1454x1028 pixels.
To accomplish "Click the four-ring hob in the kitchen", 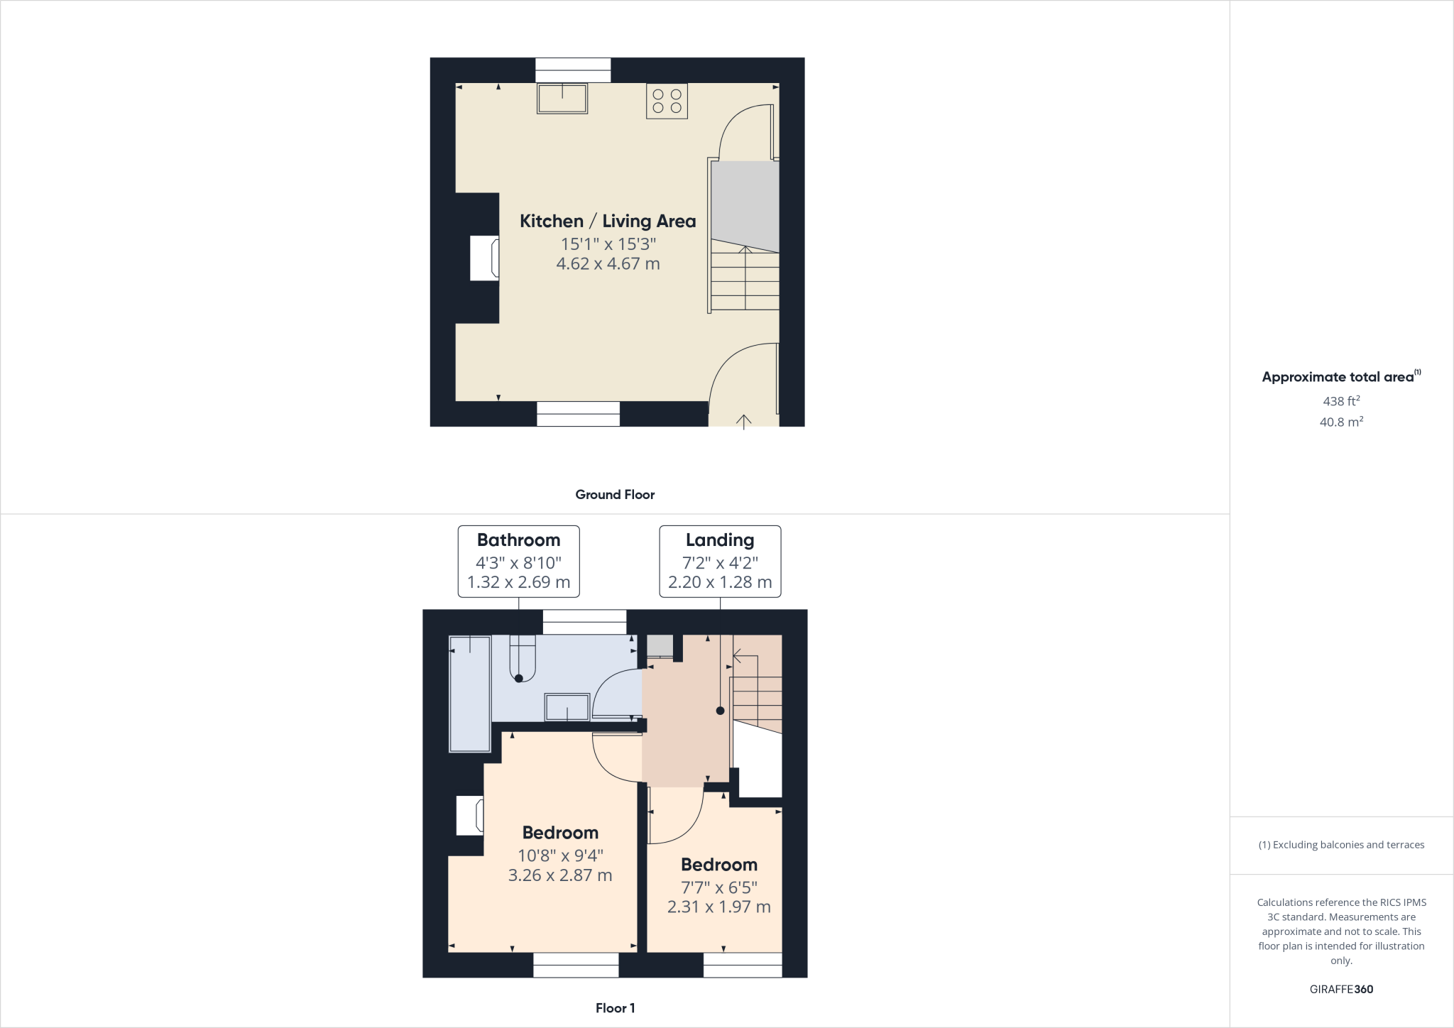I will [667, 101].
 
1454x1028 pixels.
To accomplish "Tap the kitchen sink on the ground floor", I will [562, 99].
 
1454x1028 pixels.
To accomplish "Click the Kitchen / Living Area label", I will [608, 221].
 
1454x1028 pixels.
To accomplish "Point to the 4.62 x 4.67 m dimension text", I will [608, 264].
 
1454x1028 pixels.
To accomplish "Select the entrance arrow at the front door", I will [743, 422].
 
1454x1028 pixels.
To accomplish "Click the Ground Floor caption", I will [615, 495].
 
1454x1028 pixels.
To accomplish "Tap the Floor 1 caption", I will [615, 1008].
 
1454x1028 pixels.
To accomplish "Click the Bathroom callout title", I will [518, 540].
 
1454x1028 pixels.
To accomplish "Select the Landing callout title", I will [720, 540].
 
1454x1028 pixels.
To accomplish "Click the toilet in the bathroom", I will [522, 660].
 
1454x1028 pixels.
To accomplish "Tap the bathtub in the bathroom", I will [470, 694].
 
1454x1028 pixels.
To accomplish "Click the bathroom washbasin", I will [567, 707].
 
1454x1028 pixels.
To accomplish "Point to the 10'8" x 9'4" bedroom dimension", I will [560, 855].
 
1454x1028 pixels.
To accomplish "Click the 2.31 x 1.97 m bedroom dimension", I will [718, 907].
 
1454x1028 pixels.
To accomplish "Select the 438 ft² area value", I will [1341, 401].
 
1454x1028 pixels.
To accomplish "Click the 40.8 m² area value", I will [1341, 422].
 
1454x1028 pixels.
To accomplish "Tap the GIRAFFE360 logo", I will [1341, 989].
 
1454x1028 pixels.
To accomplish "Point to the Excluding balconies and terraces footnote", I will [1341, 845].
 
